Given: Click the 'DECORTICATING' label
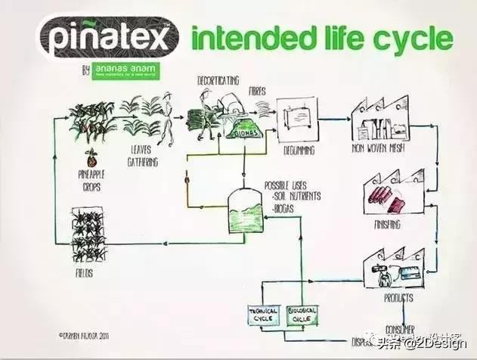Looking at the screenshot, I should [218, 80].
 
